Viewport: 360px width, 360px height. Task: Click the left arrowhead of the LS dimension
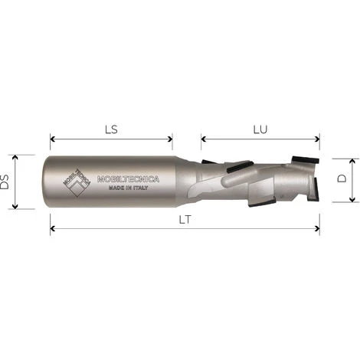[x=53, y=139]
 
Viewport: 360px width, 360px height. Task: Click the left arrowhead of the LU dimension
[x=205, y=139]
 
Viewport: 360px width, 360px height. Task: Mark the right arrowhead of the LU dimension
[x=316, y=139]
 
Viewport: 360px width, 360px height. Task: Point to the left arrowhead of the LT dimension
[x=53, y=227]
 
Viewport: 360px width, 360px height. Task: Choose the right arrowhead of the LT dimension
[x=316, y=227]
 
